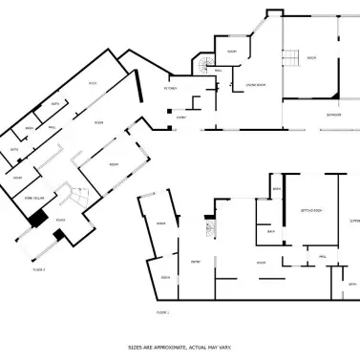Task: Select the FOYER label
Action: coord(59,221)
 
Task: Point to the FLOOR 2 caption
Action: coord(39,270)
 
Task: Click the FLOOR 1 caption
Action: coord(162,312)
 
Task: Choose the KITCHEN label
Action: coord(173,87)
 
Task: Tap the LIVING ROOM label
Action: coord(255,85)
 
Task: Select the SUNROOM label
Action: coord(333,115)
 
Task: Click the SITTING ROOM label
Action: coord(310,208)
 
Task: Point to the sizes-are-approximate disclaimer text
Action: coord(180,348)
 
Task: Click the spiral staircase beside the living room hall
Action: coord(204,67)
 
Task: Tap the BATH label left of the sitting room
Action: coord(271,231)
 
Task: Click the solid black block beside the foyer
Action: coord(38,219)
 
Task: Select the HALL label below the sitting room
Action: coord(323,256)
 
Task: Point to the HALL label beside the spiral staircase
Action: coord(219,70)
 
